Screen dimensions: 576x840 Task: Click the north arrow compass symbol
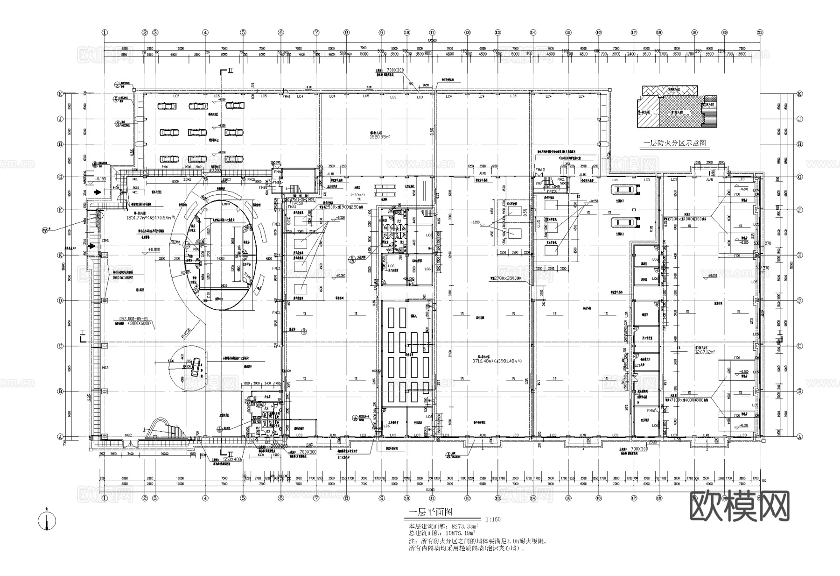46,521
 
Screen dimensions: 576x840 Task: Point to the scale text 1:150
493,519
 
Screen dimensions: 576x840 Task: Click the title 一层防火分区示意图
676,144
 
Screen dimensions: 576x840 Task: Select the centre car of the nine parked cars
198,133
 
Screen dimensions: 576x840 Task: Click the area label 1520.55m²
382,137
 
